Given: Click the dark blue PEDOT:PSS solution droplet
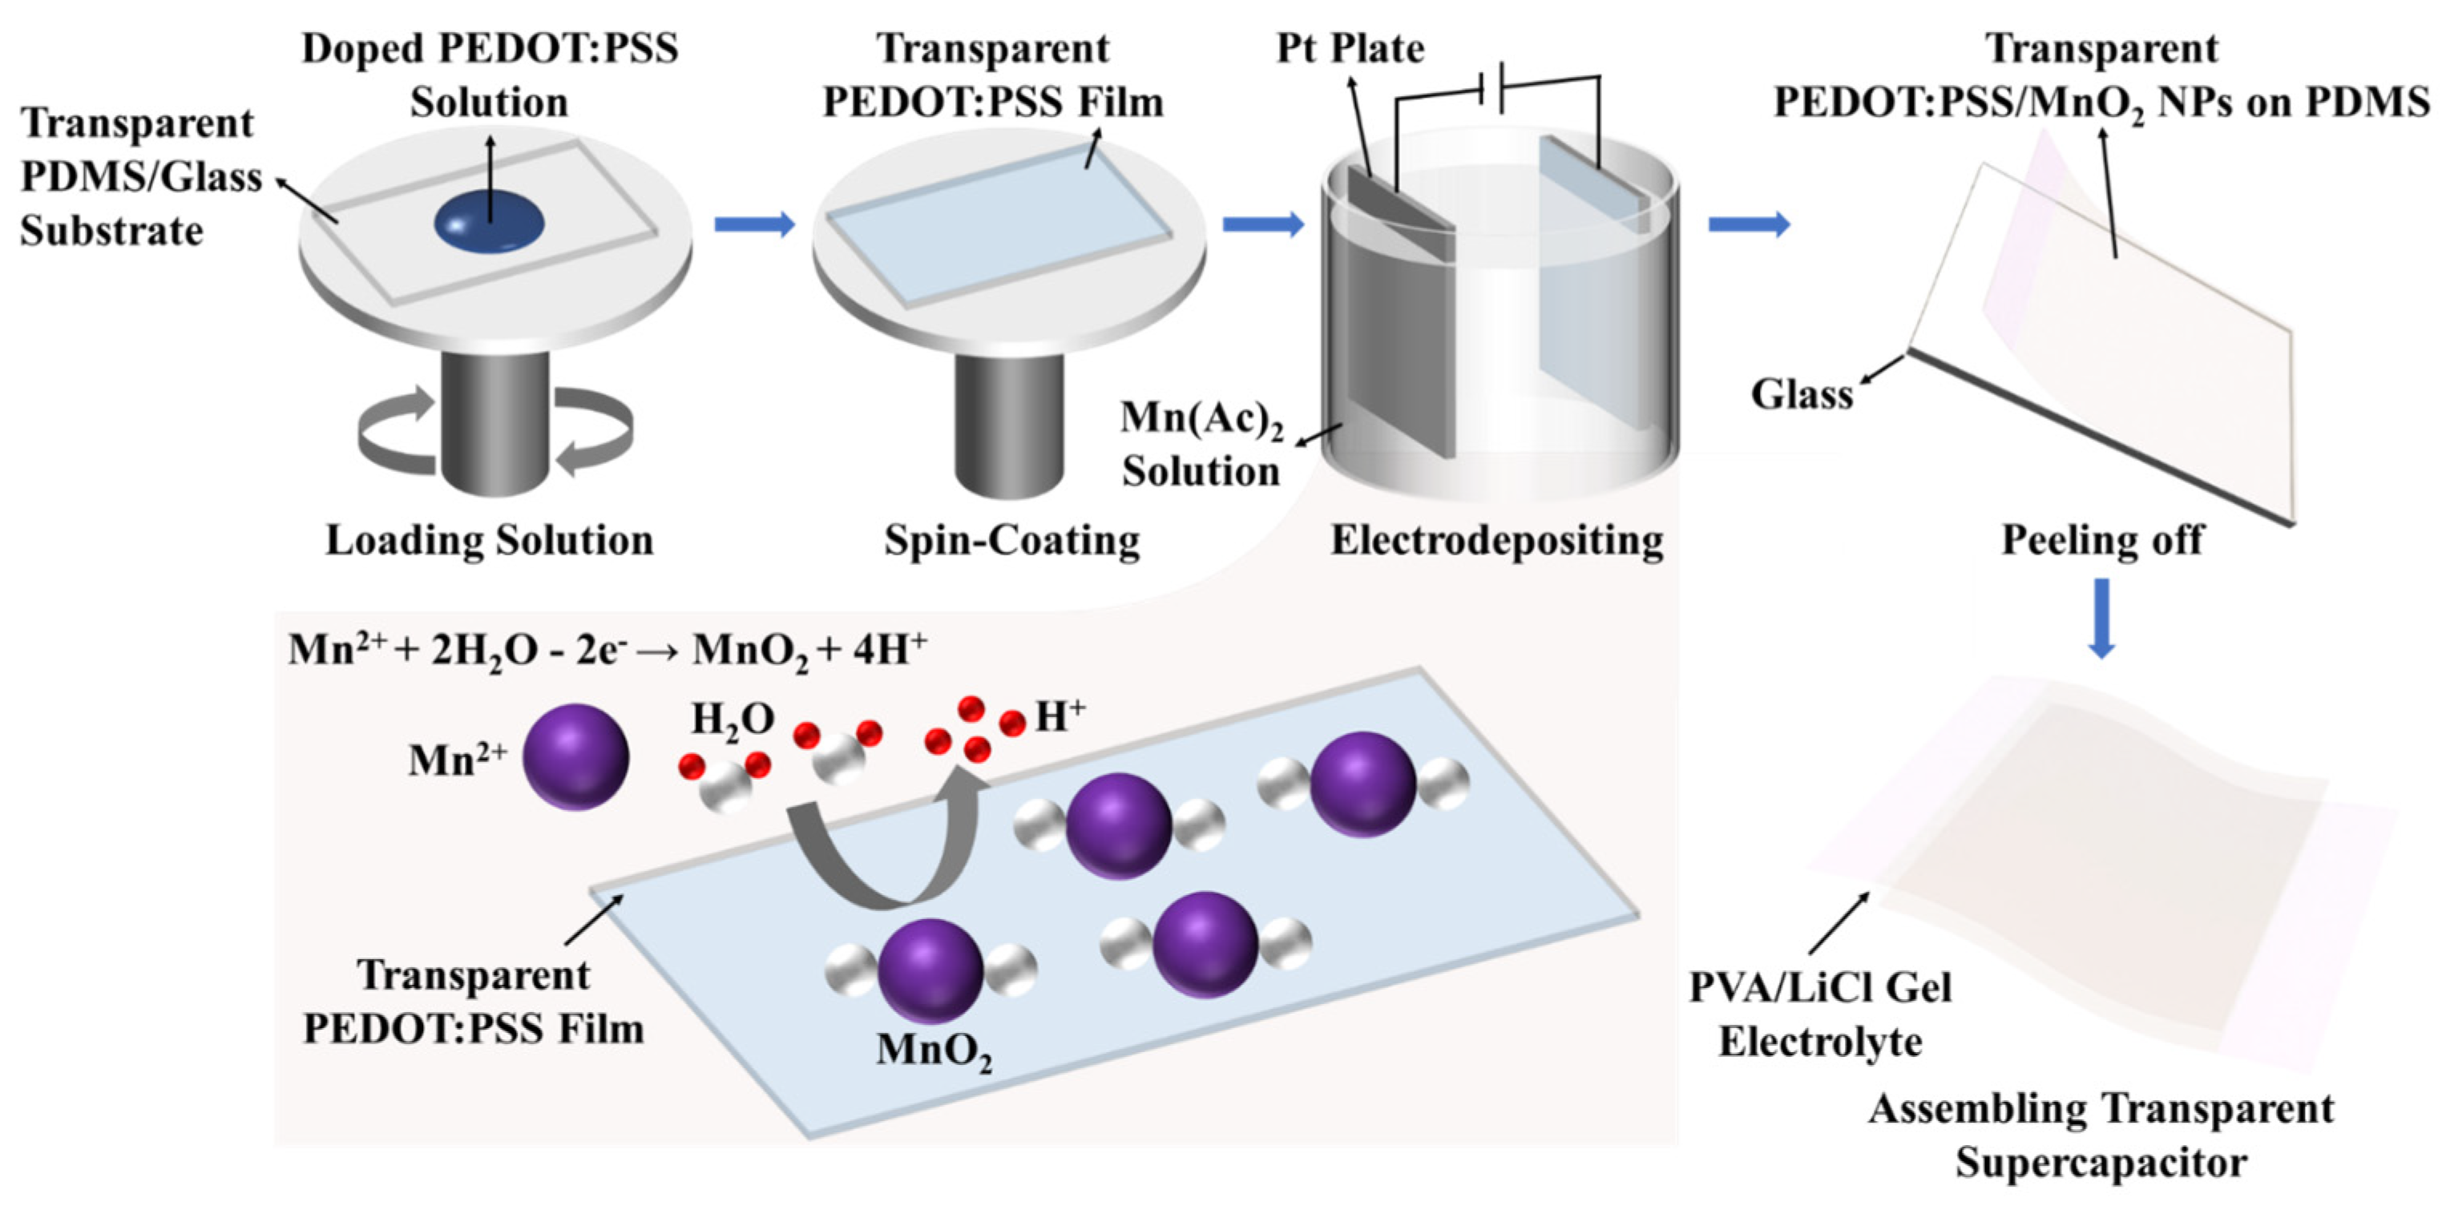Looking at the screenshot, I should (489, 224).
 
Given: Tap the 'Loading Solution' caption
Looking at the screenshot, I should (489, 540).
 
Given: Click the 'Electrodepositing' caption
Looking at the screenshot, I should (1496, 540).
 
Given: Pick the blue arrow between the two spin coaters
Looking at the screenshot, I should (754, 224).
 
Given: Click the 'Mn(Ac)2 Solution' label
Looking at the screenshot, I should (1201, 444).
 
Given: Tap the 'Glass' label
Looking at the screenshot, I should (1802, 393).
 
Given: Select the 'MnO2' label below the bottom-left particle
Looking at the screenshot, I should (933, 1051).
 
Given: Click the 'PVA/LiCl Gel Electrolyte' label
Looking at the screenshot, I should (1819, 1014).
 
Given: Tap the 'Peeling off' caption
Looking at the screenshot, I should (2102, 540).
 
